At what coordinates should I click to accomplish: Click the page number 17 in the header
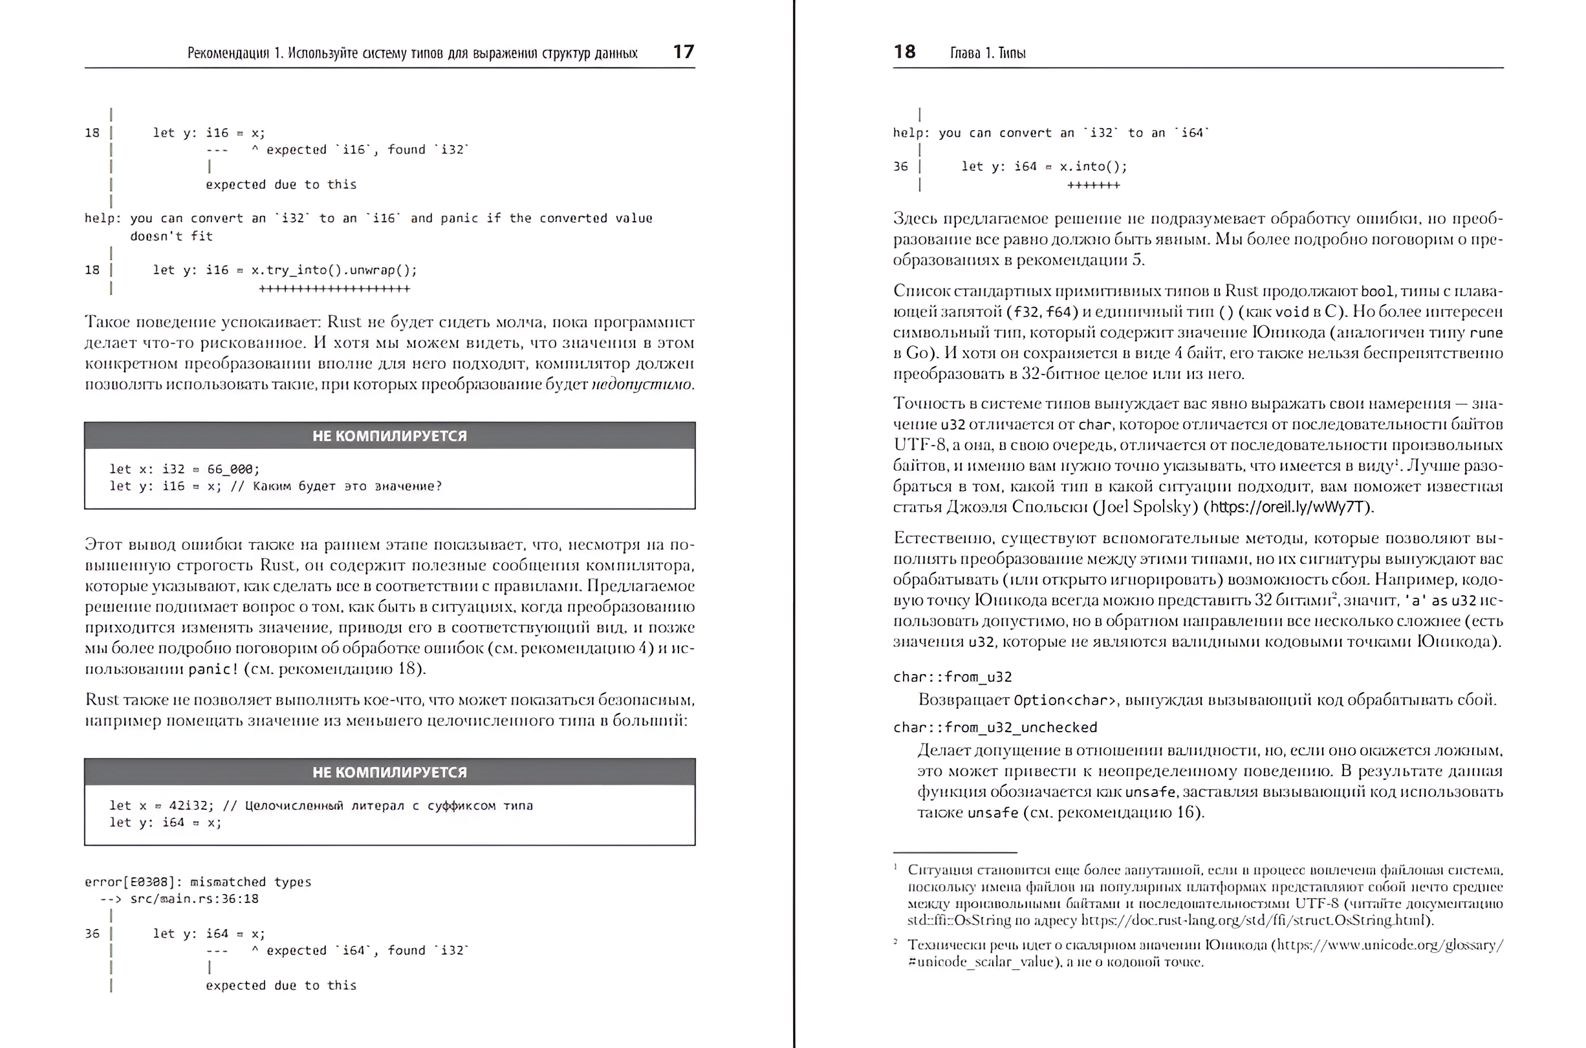pos(684,52)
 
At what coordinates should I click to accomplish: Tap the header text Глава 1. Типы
pos(988,53)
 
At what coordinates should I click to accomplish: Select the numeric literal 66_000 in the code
pos(232,469)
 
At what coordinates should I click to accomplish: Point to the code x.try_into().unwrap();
pos(333,270)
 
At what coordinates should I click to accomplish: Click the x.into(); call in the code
pos(1093,166)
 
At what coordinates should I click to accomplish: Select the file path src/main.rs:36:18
pos(194,899)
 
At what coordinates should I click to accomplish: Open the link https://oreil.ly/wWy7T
pos(1288,507)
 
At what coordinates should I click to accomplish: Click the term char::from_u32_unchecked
pos(995,727)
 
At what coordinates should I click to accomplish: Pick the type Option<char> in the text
pos(1065,701)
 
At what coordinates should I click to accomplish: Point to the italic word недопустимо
pos(642,384)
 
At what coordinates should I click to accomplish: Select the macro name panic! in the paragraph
pos(212,669)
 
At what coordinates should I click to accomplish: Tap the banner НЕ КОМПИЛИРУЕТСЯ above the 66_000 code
pos(389,436)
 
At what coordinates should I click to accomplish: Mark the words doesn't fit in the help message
pos(171,236)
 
